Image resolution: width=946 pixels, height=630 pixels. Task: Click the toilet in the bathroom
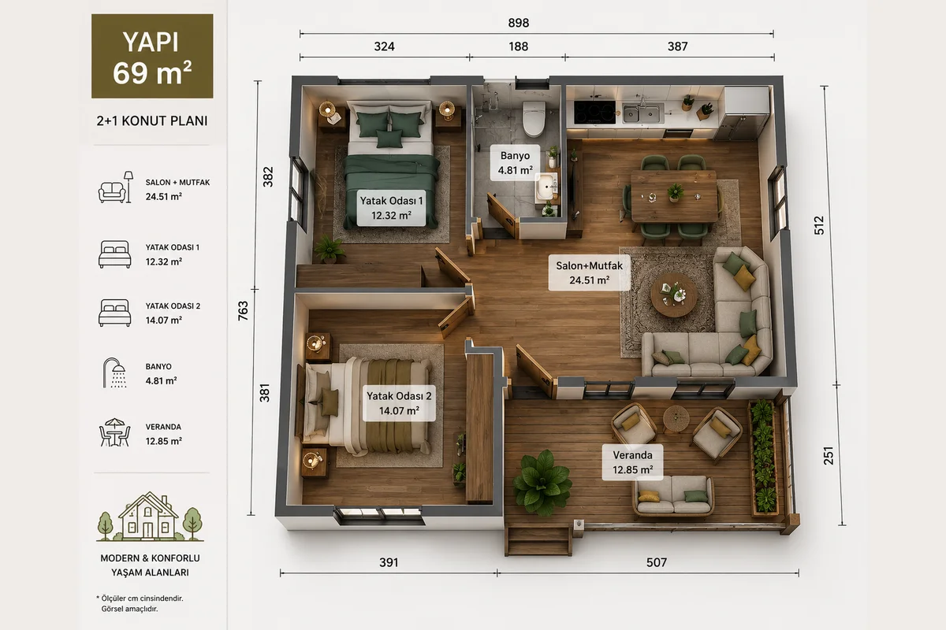534,119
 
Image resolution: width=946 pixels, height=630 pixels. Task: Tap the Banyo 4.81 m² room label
515,163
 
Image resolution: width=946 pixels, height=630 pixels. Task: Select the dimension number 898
519,23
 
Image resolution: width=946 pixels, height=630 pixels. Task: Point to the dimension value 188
518,46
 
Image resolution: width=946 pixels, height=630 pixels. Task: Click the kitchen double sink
641,113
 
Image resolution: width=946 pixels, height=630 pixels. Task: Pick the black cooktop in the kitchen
594,113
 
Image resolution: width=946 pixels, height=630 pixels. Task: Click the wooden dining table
674,196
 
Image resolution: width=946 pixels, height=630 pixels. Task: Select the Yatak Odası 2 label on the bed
399,403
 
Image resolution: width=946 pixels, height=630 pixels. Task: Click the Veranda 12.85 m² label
632,462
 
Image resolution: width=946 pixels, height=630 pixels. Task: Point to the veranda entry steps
538,540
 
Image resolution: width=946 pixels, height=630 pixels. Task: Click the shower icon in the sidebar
114,373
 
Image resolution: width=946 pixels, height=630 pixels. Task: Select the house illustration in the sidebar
150,517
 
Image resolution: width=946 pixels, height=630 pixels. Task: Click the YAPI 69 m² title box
152,56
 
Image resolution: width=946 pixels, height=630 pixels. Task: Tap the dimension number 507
657,562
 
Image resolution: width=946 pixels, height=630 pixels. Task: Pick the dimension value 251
829,456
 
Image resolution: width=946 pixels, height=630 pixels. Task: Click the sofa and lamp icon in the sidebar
115,187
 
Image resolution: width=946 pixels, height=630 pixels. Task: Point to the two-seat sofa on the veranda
673,497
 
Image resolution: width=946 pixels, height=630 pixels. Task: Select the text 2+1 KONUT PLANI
152,121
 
